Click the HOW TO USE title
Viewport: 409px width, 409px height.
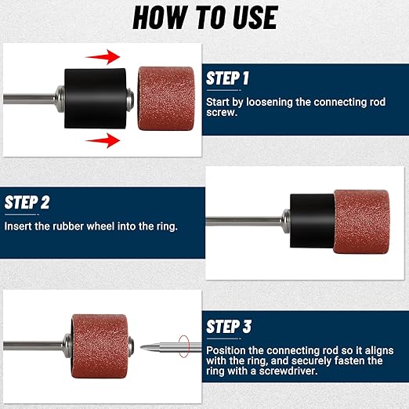tap(205, 17)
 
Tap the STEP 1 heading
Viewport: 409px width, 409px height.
tap(227, 78)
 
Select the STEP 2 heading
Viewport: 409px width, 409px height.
tap(27, 202)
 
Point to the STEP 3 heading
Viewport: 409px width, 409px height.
tap(229, 327)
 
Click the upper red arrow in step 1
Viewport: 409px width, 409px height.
tap(103, 56)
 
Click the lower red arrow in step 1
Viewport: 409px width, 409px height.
tap(103, 140)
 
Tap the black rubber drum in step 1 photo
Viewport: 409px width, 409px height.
tap(96, 99)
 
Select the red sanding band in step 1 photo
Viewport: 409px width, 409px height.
tap(166, 99)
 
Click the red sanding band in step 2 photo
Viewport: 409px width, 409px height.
tap(361, 222)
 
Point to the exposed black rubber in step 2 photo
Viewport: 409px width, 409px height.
tap(312, 221)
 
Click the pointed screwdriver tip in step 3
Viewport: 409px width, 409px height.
tap(141, 347)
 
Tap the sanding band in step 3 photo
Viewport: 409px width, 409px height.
tap(100, 346)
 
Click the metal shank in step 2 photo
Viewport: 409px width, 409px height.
tap(244, 222)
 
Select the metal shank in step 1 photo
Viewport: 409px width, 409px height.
tap(29, 99)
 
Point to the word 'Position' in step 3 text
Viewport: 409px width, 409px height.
tap(226, 350)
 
